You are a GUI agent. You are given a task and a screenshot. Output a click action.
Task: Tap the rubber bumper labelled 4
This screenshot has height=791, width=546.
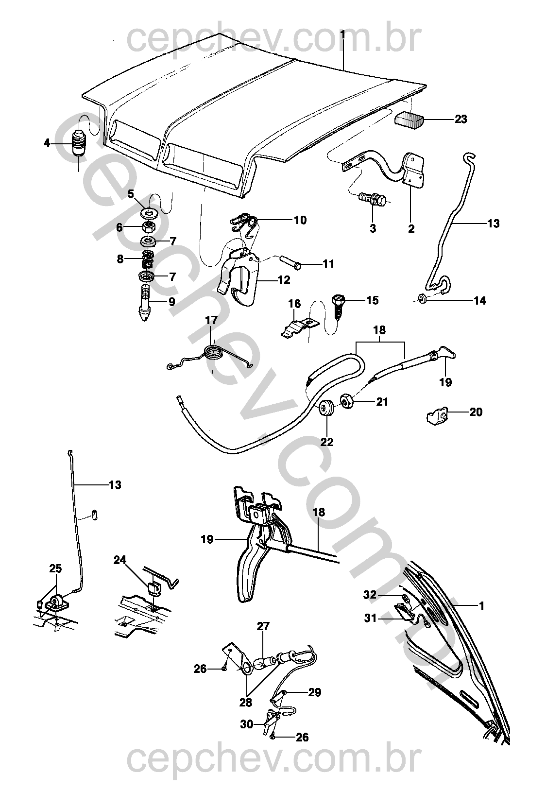coord(79,142)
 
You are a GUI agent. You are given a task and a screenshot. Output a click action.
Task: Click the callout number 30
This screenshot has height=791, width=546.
coord(247,724)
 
